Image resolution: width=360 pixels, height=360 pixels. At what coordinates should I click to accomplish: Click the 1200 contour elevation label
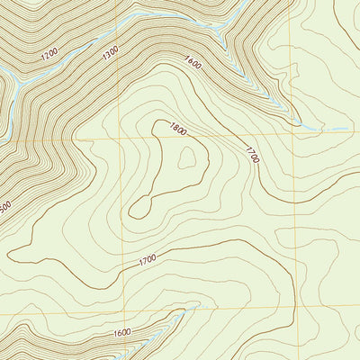tap(49, 54)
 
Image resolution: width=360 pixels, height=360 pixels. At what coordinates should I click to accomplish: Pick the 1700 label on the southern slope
tap(148, 260)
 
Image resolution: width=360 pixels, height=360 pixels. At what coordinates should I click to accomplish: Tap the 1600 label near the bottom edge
tap(123, 333)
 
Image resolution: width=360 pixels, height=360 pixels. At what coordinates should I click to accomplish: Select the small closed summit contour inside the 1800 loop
tap(187, 158)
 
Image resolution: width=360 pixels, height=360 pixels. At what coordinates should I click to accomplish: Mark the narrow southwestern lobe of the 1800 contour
tap(139, 209)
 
